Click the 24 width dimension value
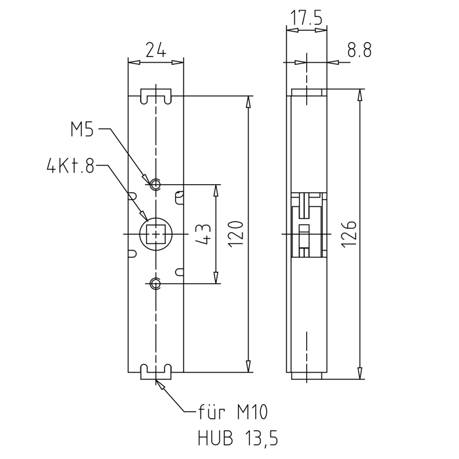[155, 49]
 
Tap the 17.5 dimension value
[306, 18]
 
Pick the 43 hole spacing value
[204, 234]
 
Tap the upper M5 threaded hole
[155, 184]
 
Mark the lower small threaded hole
[155, 283]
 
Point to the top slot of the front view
[156, 96]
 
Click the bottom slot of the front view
[156, 372]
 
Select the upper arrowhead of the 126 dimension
[359, 94]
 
